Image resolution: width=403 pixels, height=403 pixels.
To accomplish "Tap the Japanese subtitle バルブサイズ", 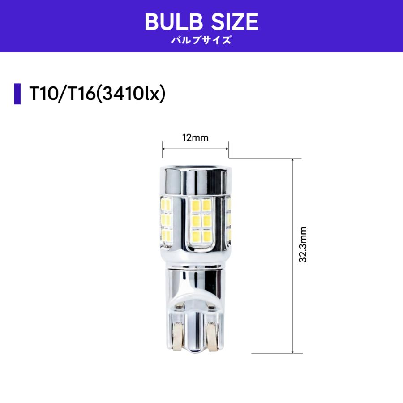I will point(201,40).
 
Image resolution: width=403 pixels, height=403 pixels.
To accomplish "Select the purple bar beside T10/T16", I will point(17,94).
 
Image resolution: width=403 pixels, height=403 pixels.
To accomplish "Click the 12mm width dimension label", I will point(195,138).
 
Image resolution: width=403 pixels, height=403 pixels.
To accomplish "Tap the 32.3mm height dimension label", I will point(303,244).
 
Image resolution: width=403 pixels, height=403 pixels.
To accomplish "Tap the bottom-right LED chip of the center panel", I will point(206,236).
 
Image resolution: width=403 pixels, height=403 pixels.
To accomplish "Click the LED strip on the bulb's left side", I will point(166,219).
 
